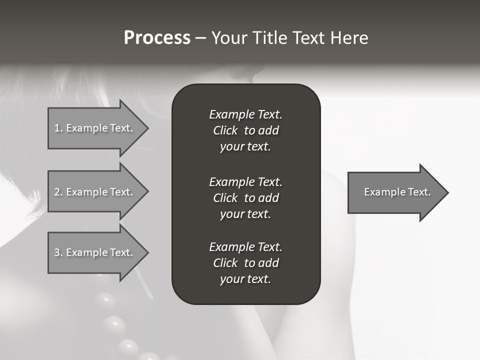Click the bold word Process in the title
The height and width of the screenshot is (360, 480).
(157, 38)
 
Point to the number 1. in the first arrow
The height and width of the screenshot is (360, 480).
(58, 128)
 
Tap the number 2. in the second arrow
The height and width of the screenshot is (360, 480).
(58, 192)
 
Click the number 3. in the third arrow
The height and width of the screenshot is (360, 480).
(58, 252)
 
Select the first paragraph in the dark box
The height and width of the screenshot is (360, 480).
(245, 130)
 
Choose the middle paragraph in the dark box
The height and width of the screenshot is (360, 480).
(245, 197)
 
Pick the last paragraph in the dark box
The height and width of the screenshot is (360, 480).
(245, 263)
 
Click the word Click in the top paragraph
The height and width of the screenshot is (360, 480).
(225, 130)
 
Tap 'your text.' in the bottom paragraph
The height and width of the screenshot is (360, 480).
(245, 279)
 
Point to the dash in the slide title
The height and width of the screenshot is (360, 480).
(200, 38)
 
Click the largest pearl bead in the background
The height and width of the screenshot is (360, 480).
(114, 326)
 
